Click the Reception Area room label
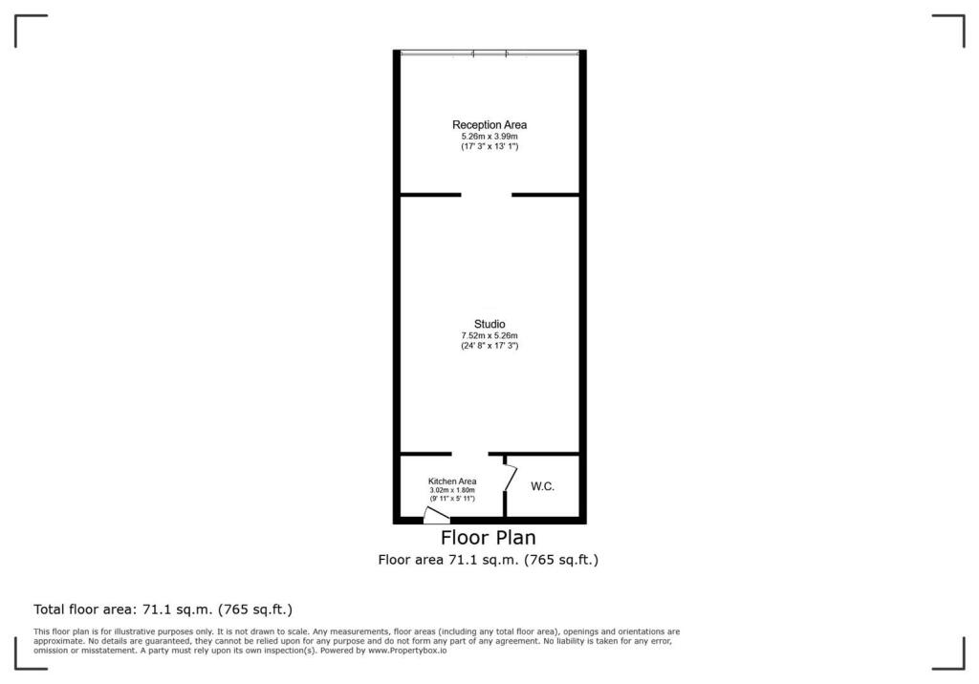pyautogui.click(x=489, y=125)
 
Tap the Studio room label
pyautogui.click(x=489, y=324)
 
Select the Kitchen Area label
pyautogui.click(x=452, y=481)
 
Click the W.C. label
pyautogui.click(x=542, y=487)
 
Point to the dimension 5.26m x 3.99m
pyautogui.click(x=489, y=137)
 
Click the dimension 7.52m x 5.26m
pyautogui.click(x=489, y=335)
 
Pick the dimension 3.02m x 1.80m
pyautogui.click(x=452, y=490)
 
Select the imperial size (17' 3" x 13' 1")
pyautogui.click(x=489, y=146)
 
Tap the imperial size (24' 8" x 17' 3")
pyautogui.click(x=489, y=345)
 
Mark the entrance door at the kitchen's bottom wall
pyautogui.click(x=436, y=516)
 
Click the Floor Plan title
pyautogui.click(x=488, y=538)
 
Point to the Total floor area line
pyautogui.click(x=163, y=609)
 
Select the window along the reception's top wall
pyautogui.click(x=489, y=52)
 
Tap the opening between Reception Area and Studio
pyautogui.click(x=486, y=195)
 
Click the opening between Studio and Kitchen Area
pyautogui.click(x=469, y=454)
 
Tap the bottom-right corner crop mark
pyautogui.click(x=950, y=655)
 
